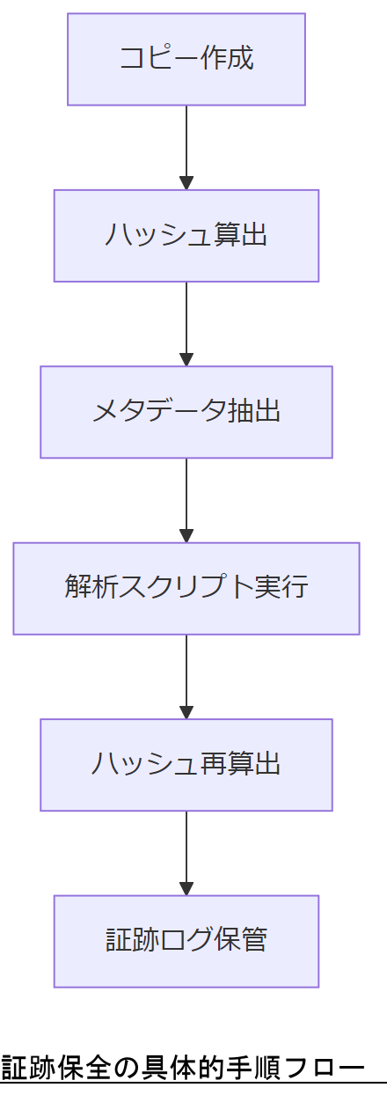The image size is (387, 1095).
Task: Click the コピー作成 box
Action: [186, 59]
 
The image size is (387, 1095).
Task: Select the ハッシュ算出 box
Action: [186, 236]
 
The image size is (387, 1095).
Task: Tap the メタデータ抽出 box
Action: [186, 412]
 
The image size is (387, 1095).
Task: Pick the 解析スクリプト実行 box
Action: [186, 588]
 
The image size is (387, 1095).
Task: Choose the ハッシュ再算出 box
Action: [186, 765]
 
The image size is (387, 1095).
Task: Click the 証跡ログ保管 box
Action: [186, 941]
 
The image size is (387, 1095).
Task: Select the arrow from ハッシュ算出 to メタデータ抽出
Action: [186, 323]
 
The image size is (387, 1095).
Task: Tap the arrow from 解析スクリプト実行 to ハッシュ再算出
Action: [186, 676]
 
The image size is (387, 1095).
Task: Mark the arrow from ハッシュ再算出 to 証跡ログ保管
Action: [186, 852]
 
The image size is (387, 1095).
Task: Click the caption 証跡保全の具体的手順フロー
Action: [182, 1068]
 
